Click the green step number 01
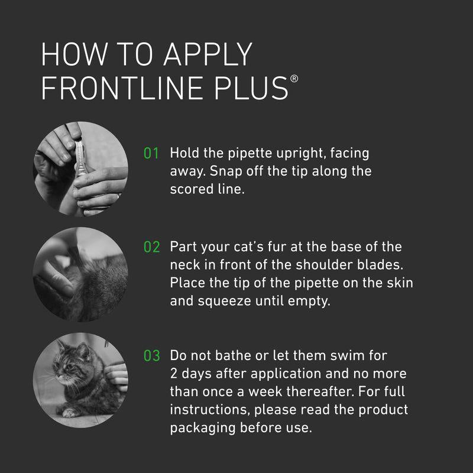pyautogui.click(x=152, y=154)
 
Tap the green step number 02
pyautogui.click(x=152, y=247)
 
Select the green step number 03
pyautogui.click(x=152, y=357)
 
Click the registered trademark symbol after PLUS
pyautogui.click(x=294, y=79)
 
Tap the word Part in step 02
pyautogui.click(x=183, y=247)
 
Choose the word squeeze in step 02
pyautogui.click(x=237, y=301)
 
